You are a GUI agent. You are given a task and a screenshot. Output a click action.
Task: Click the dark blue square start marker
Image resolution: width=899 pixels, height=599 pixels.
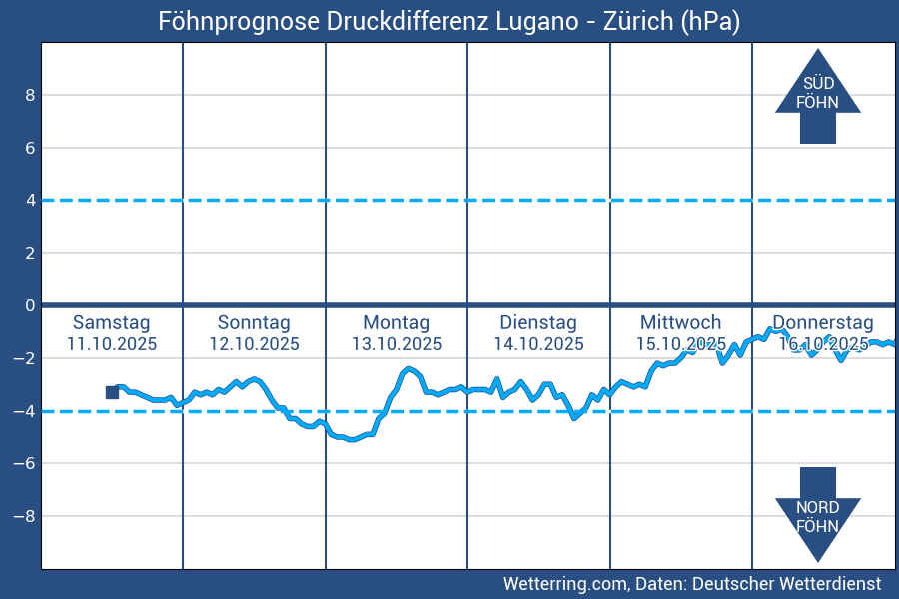click(x=112, y=392)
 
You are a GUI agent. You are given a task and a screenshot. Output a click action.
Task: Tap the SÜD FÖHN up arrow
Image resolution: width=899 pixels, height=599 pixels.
click(x=817, y=96)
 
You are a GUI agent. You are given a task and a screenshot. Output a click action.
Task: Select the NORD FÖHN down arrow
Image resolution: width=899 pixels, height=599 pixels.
click(x=817, y=515)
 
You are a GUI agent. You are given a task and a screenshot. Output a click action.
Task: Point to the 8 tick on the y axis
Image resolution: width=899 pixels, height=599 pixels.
click(x=31, y=95)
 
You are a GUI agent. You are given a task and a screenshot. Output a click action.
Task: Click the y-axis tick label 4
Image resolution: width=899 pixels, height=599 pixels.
click(x=31, y=200)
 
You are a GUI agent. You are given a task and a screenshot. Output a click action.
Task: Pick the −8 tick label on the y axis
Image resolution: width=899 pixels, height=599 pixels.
click(x=26, y=516)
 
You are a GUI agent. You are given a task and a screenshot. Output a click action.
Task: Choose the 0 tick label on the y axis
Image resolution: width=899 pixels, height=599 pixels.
click(x=31, y=305)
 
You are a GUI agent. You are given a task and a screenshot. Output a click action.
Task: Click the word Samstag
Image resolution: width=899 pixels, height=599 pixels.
click(x=112, y=322)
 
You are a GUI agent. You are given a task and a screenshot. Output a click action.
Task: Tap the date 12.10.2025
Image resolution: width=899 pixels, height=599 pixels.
click(x=254, y=344)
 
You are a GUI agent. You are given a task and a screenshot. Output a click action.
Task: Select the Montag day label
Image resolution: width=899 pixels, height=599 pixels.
click(x=396, y=322)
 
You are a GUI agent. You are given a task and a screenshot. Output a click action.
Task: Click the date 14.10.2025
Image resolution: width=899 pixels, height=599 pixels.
click(x=538, y=344)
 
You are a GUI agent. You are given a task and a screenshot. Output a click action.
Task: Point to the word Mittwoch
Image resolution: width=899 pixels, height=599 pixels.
click(x=680, y=322)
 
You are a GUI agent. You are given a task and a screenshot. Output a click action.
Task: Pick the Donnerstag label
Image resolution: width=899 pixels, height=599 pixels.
click(x=823, y=322)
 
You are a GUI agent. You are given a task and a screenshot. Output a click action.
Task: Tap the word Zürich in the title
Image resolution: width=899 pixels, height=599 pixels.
click(x=638, y=22)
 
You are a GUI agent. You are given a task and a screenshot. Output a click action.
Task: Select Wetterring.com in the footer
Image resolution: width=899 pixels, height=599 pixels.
click(x=564, y=583)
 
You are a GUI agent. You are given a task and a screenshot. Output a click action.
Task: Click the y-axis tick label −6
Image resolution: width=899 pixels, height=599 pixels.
click(x=26, y=463)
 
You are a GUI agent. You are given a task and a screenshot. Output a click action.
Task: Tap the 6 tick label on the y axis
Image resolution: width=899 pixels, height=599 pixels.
click(x=31, y=148)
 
